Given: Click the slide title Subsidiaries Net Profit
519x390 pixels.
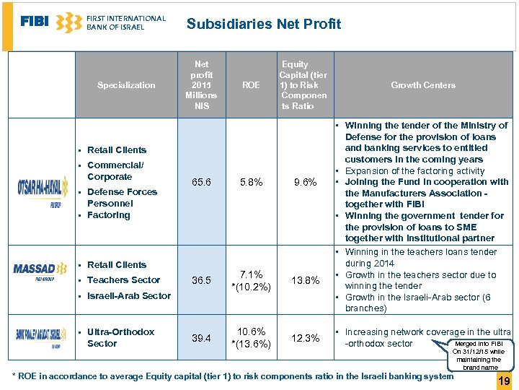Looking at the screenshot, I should (x=264, y=24).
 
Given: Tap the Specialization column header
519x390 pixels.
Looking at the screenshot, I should (x=126, y=85).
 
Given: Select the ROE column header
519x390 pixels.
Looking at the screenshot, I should (x=251, y=85).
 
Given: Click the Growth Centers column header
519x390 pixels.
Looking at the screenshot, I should (x=423, y=85).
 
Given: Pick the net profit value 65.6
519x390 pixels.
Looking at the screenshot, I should (x=202, y=183).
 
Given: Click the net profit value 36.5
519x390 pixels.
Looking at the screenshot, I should (x=202, y=280).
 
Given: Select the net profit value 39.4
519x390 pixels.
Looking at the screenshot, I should (x=202, y=338).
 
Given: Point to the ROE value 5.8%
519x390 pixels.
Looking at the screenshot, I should (x=251, y=183).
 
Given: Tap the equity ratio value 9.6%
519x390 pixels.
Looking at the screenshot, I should (x=306, y=183).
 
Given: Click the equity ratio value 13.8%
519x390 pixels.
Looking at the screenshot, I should (x=306, y=280).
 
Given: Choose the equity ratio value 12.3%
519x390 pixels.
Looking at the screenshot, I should (x=306, y=338).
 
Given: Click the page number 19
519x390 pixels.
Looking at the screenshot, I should (x=504, y=380).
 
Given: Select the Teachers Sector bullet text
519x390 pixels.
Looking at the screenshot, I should (x=124, y=280).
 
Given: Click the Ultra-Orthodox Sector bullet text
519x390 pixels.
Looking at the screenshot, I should (x=120, y=338).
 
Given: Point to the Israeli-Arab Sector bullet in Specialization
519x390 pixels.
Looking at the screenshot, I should (x=129, y=296).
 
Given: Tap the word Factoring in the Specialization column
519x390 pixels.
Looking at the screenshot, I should (x=109, y=215).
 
